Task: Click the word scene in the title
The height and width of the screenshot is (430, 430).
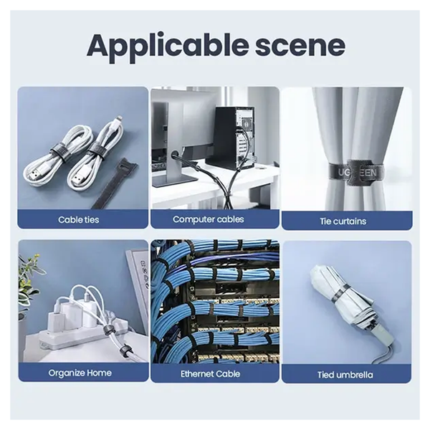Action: coord(300,46)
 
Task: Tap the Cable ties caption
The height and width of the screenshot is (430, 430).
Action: coord(78,220)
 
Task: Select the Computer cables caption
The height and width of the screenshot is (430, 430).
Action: coord(209,219)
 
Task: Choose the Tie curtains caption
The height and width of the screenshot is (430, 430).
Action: coord(343,221)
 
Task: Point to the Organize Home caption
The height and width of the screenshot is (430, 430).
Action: coord(80,373)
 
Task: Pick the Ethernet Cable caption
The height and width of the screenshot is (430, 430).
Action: coord(210,374)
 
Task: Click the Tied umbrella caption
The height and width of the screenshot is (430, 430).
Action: coord(345,375)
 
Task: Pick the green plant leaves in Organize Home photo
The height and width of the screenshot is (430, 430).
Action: coord(27,279)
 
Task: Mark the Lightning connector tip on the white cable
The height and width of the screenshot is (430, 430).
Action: coord(120,119)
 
